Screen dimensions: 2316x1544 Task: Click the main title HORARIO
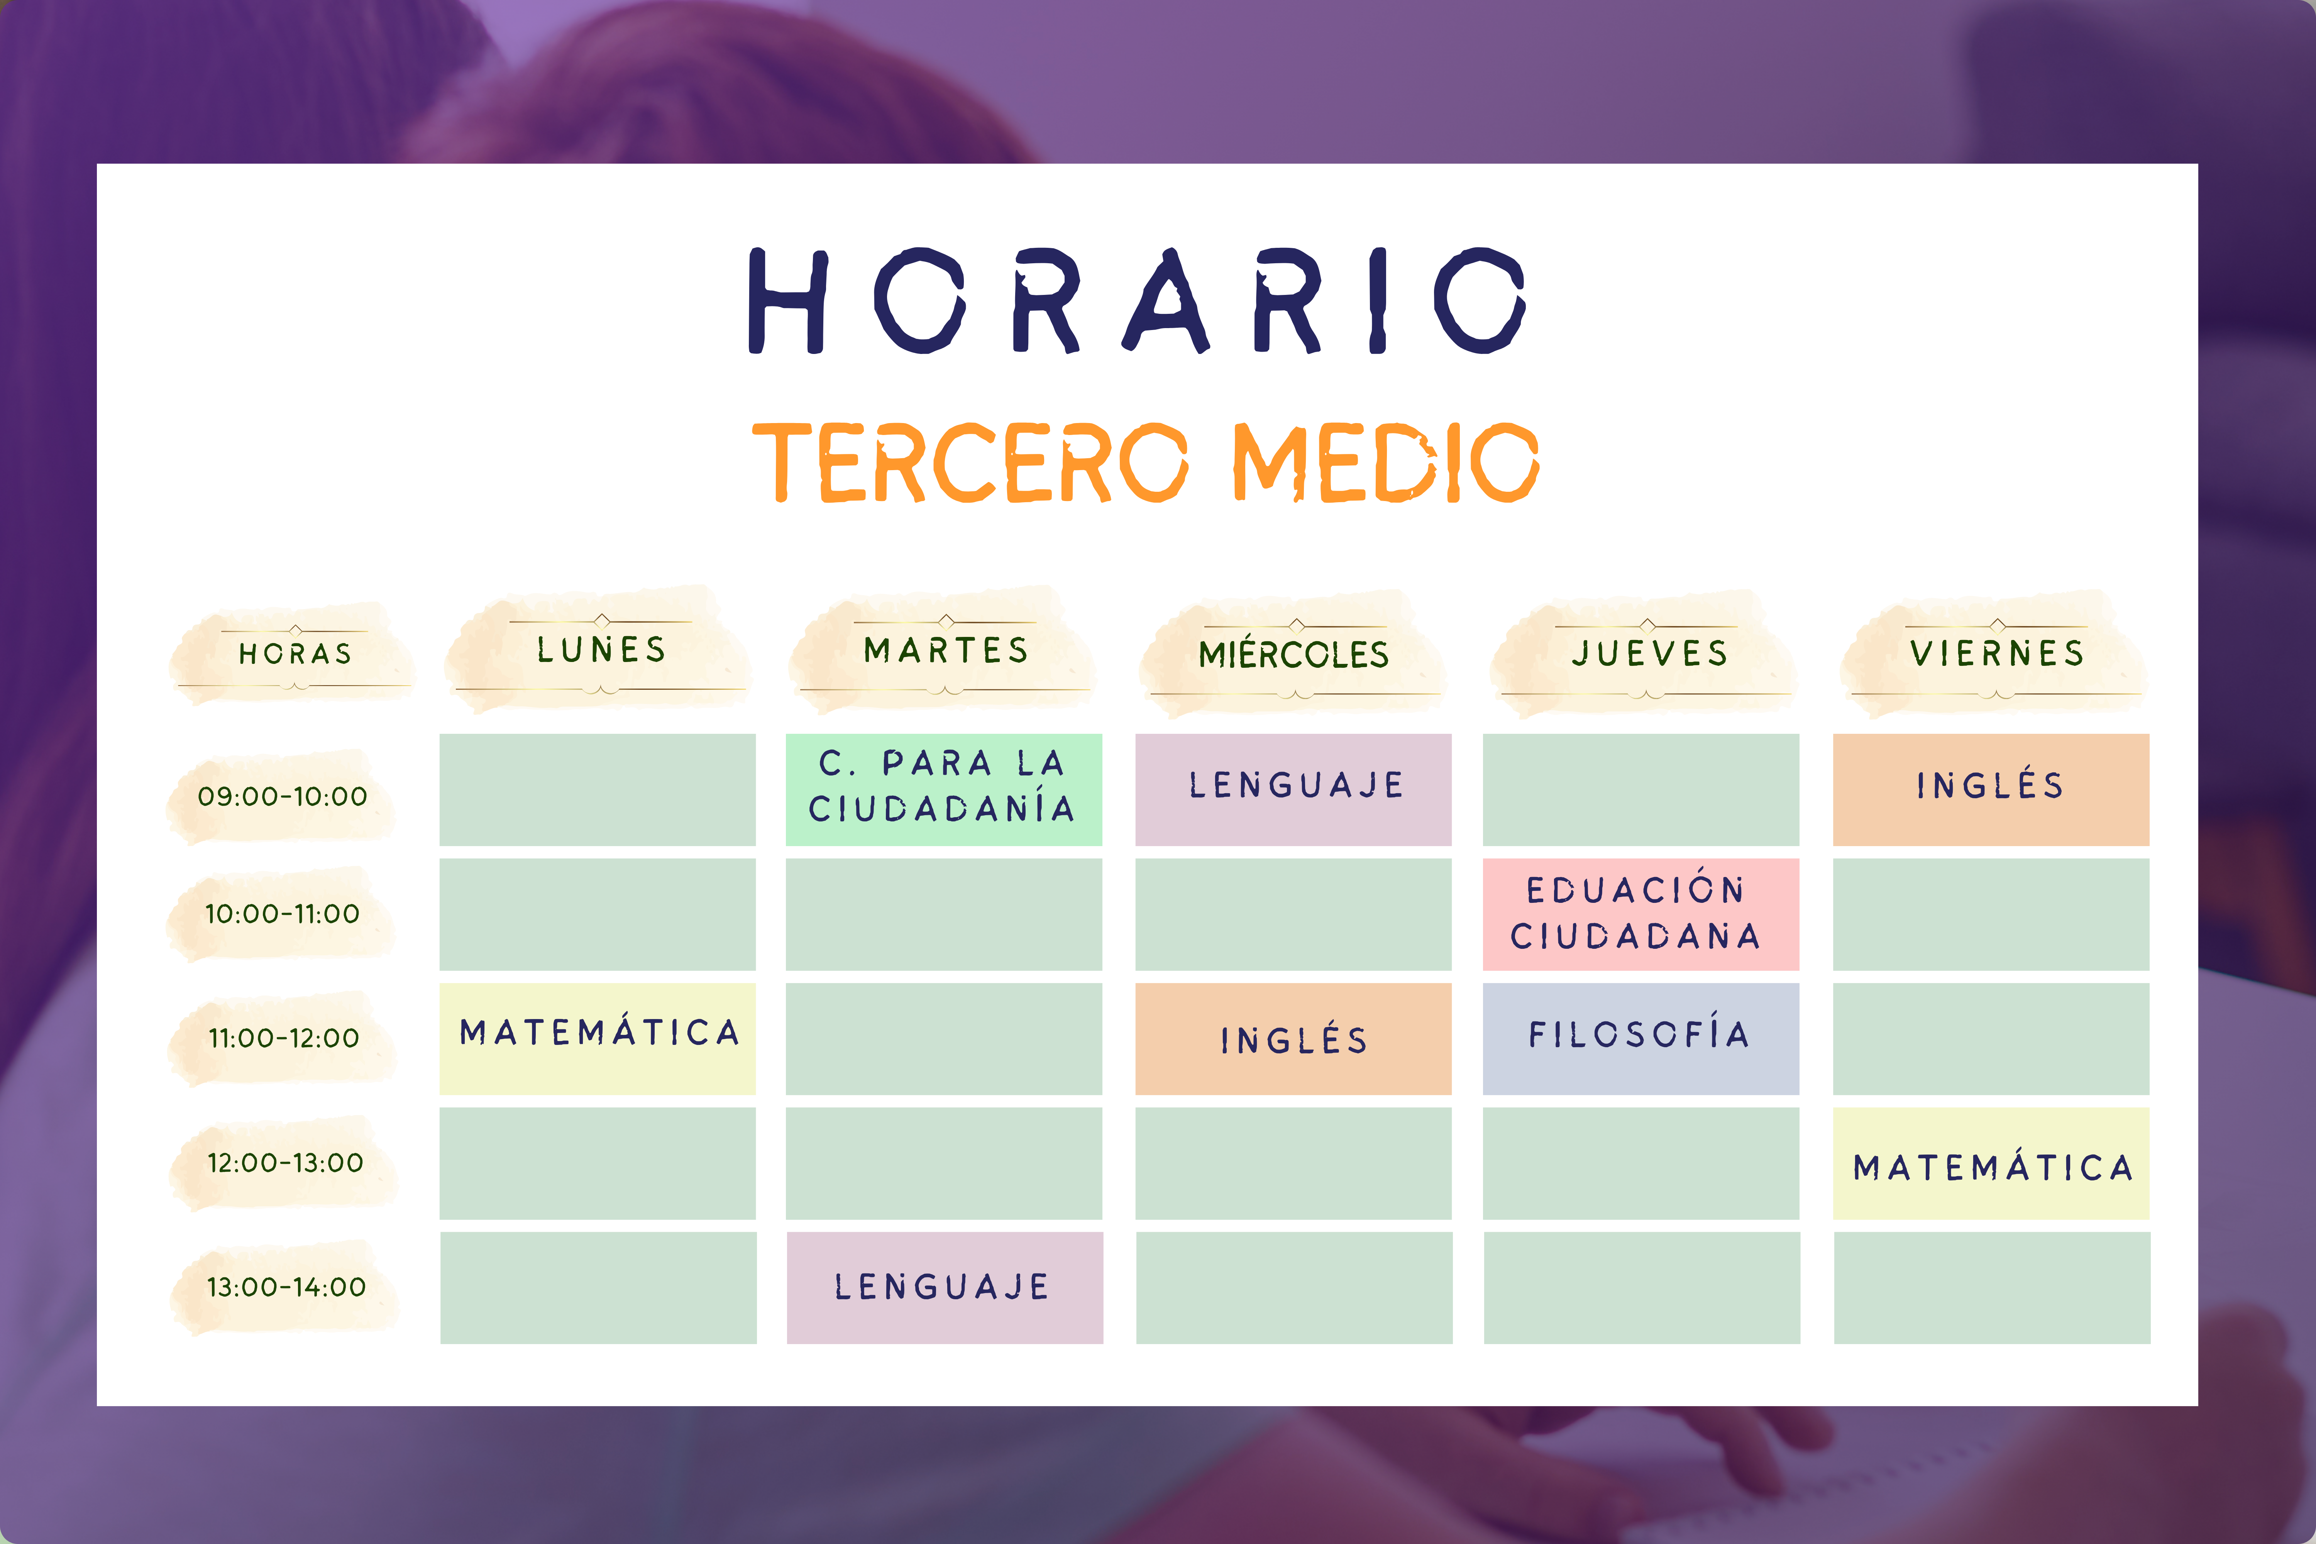pos(1137,300)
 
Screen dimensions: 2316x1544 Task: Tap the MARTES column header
pos(945,650)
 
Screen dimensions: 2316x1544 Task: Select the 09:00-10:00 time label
pos(283,796)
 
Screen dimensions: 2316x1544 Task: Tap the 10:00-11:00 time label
pos(283,914)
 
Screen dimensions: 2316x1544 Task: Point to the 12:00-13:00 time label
pos(286,1163)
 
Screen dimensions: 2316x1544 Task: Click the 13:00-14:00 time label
pos(286,1287)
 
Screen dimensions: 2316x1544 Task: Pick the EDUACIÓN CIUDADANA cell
pos(1640,914)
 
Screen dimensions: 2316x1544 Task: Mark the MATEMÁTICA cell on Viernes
pos(1991,1163)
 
